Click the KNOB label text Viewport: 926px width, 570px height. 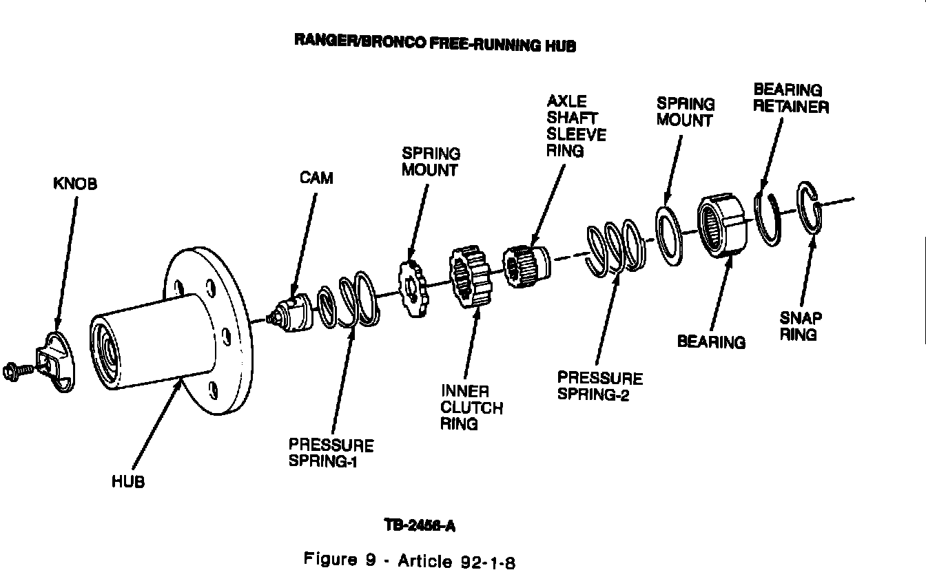pyautogui.click(x=75, y=184)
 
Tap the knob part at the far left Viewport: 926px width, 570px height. pyautogui.click(x=60, y=361)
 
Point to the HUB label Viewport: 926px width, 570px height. pyautogui.click(x=128, y=482)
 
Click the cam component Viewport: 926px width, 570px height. pyautogui.click(x=291, y=313)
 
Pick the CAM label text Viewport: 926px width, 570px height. pyautogui.click(x=316, y=178)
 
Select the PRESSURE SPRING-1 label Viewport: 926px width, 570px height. pyautogui.click(x=331, y=454)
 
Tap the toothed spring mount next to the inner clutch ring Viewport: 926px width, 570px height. pyautogui.click(x=412, y=288)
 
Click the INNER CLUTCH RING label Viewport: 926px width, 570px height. pyautogui.click(x=471, y=408)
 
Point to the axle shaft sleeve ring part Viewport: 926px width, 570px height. pyautogui.click(x=526, y=264)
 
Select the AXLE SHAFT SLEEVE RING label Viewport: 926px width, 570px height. pyautogui.click(x=576, y=127)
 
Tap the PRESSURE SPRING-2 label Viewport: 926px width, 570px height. pyautogui.click(x=599, y=386)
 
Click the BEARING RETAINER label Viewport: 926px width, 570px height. pyautogui.click(x=790, y=98)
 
